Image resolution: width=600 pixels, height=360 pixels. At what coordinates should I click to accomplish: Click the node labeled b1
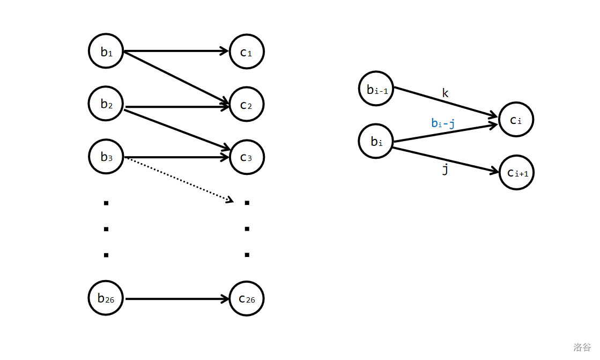(x=106, y=52)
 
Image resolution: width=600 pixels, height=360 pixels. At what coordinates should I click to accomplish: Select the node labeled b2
(x=106, y=104)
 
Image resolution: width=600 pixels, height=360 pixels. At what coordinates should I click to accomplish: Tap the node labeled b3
(x=106, y=157)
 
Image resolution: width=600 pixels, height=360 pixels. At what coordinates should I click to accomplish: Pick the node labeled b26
(x=106, y=298)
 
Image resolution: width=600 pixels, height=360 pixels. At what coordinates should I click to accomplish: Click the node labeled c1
(x=247, y=52)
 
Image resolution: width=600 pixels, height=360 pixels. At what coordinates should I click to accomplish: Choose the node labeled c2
(x=247, y=104)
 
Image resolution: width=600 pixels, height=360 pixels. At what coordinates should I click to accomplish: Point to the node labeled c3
(x=247, y=157)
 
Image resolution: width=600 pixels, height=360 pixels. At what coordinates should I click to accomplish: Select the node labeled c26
(x=247, y=298)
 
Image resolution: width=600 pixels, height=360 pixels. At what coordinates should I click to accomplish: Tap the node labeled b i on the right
(x=376, y=141)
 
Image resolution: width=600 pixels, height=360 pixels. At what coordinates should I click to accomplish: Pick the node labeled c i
(x=516, y=120)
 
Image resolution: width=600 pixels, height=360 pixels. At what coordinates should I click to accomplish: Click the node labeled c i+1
(x=516, y=172)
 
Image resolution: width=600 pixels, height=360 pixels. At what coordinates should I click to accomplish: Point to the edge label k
(x=445, y=93)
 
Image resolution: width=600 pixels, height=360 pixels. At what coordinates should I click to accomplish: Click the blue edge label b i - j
(x=443, y=123)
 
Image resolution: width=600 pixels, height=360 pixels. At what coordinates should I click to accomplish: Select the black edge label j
(x=445, y=170)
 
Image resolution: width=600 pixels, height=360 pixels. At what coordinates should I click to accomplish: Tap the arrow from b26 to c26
(x=177, y=298)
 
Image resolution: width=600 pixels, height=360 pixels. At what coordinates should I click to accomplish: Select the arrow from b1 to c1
(x=177, y=52)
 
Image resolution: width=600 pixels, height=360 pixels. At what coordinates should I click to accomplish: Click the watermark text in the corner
(x=582, y=347)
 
